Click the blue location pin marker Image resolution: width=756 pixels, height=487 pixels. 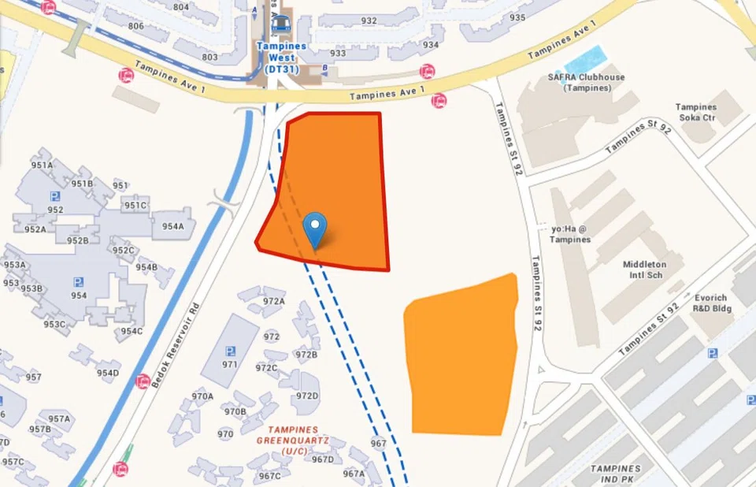pyautogui.click(x=315, y=229)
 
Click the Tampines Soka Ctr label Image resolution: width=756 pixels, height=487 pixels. pyautogui.click(x=696, y=112)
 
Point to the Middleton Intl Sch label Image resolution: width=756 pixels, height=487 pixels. pyautogui.click(x=644, y=270)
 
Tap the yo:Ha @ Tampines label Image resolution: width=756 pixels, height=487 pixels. pyautogui.click(x=570, y=234)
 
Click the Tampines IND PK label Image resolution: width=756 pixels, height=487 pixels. pyautogui.click(x=615, y=474)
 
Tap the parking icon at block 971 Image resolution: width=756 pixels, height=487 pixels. pyautogui.click(x=230, y=351)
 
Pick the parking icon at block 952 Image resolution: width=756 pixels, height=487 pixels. pyautogui.click(x=55, y=196)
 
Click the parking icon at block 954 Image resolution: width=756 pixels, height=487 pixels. pyautogui.click(x=79, y=281)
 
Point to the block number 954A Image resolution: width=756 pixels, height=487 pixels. pyautogui.click(x=173, y=226)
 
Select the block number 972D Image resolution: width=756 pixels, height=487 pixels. pyautogui.click(x=307, y=396)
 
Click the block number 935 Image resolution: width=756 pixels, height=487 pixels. pyautogui.click(x=517, y=17)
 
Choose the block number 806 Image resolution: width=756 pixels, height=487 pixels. pyautogui.click(x=136, y=26)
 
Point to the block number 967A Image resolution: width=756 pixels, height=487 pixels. pyautogui.click(x=354, y=473)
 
